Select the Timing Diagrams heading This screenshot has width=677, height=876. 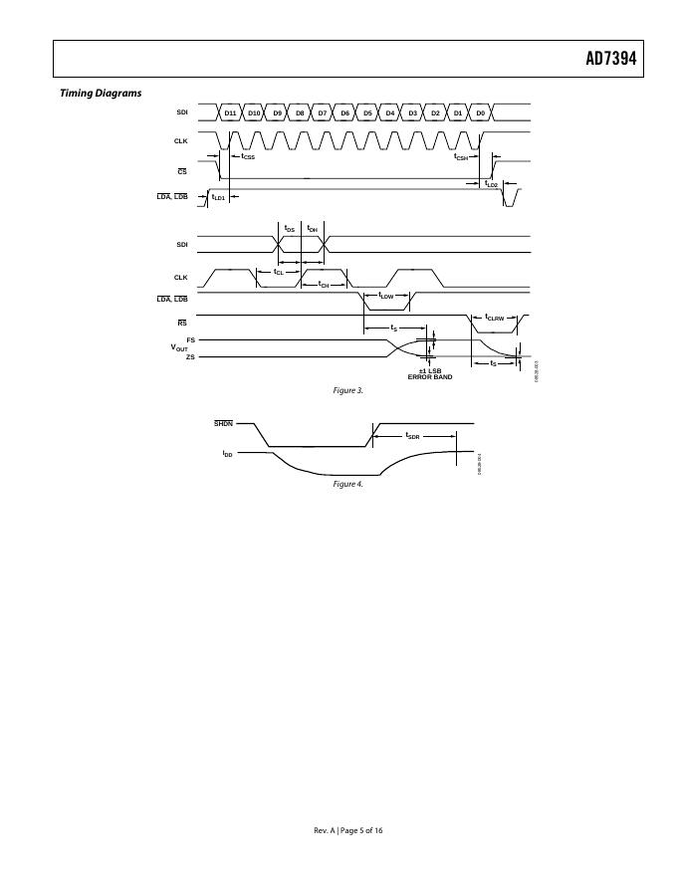101,94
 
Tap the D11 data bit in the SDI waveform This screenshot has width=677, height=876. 231,113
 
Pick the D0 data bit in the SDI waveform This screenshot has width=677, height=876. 481,113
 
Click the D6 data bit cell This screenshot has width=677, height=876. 345,113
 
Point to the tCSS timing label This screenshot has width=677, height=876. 248,156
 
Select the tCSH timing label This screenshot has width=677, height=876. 462,156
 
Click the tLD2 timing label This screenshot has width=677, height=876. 491,184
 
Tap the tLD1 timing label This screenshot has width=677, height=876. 219,197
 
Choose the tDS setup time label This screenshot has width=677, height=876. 289,229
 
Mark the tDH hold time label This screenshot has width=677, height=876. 312,229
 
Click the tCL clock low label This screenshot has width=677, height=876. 279,271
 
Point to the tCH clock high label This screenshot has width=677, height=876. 324,285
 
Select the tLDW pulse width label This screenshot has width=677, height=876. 387,296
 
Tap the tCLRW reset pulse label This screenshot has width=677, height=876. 495,318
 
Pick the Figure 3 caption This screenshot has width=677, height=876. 348,390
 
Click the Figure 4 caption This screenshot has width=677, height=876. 348,484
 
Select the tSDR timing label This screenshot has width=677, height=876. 413,436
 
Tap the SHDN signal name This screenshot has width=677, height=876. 223,424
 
